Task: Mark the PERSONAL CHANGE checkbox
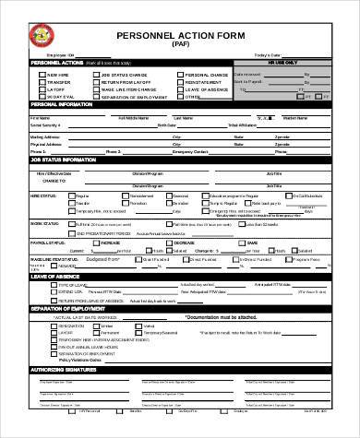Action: click(x=180, y=74)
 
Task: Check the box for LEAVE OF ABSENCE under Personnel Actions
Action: click(x=180, y=89)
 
